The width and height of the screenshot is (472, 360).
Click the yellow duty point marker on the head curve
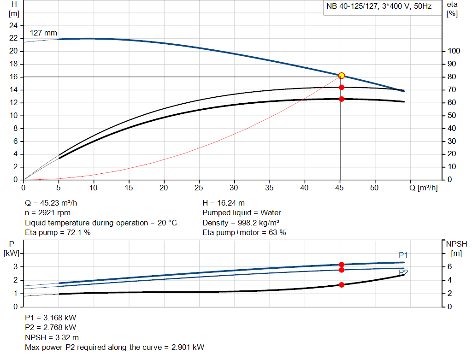[x=342, y=76]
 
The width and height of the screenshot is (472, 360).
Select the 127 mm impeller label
[x=43, y=33]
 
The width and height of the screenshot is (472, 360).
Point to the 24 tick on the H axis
[x=13, y=25]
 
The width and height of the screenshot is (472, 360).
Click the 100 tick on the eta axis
[x=453, y=51]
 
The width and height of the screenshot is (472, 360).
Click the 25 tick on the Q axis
[x=199, y=188]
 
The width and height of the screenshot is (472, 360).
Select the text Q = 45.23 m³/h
[x=54, y=203]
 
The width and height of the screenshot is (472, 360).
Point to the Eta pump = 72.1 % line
[x=58, y=232]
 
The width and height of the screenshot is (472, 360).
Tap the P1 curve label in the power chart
[x=403, y=255]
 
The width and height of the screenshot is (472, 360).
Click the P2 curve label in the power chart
[x=403, y=272]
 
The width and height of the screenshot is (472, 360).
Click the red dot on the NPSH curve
[x=342, y=285]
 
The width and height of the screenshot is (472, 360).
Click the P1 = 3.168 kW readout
[x=51, y=318]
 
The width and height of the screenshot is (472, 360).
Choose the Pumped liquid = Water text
[x=242, y=213]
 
